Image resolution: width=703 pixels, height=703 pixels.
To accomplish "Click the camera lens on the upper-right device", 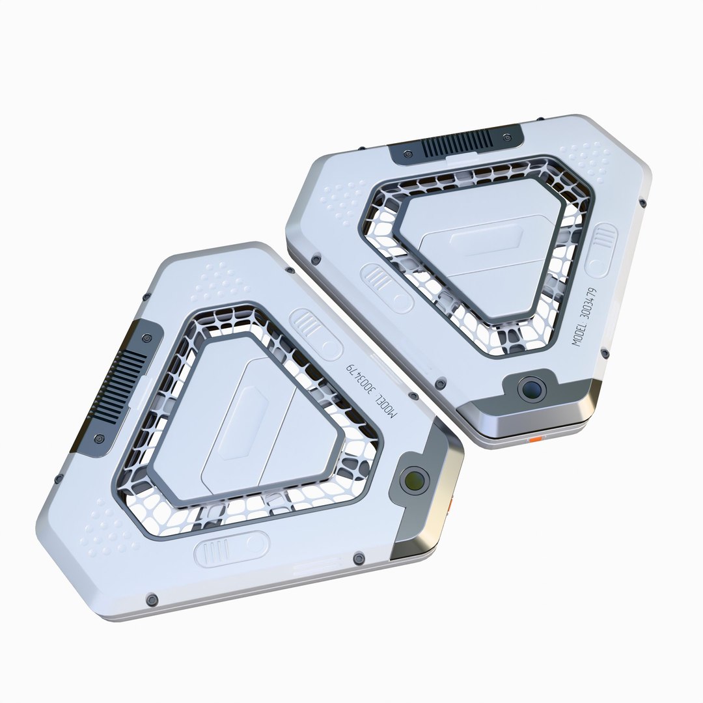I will tap(532, 389).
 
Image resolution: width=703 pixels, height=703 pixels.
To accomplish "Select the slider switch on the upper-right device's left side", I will tap(387, 288).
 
